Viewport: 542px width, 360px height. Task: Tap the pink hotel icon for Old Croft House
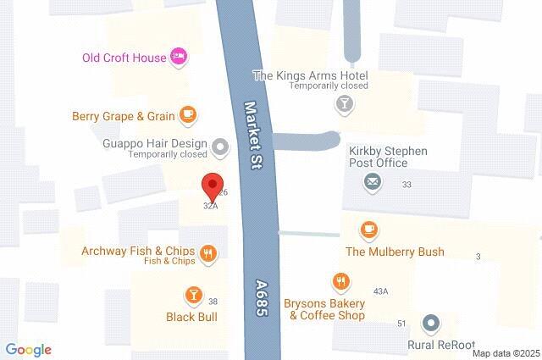pyautogui.click(x=179, y=57)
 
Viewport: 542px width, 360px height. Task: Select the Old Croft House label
pyautogui.click(x=124, y=58)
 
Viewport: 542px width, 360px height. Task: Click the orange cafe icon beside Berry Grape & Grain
pyautogui.click(x=188, y=114)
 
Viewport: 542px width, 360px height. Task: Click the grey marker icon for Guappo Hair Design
pyautogui.click(x=220, y=148)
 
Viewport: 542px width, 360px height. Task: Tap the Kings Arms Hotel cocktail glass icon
pyautogui.click(x=345, y=104)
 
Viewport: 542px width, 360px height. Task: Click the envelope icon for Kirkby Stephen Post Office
pyautogui.click(x=372, y=180)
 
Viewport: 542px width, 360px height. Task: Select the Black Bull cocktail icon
pyautogui.click(x=193, y=295)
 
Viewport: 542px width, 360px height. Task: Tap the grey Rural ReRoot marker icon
pyautogui.click(x=432, y=323)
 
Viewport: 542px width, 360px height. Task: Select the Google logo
pyautogui.click(x=28, y=350)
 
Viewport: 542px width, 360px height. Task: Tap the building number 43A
pyautogui.click(x=381, y=291)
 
